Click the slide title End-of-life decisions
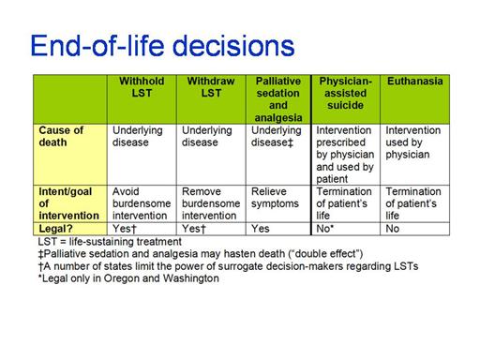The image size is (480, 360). pyautogui.click(x=162, y=46)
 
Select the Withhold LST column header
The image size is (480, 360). pyautogui.click(x=142, y=87)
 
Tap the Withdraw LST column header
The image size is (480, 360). pyautogui.click(x=211, y=87)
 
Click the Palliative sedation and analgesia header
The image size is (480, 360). pyautogui.click(x=278, y=99)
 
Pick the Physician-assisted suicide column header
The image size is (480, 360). pyautogui.click(x=345, y=93)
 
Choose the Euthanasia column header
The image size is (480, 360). pyautogui.click(x=415, y=82)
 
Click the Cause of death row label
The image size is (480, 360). pyautogui.click(x=61, y=136)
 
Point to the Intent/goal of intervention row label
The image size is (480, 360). pyautogui.click(x=68, y=203)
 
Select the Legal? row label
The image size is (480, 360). pyautogui.click(x=55, y=229)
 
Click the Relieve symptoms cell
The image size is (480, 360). pyautogui.click(x=275, y=198)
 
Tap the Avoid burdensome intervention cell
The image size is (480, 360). pyautogui.click(x=142, y=203)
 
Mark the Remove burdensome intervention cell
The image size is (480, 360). pyautogui.click(x=211, y=203)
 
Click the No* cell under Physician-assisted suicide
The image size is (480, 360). pyautogui.click(x=325, y=229)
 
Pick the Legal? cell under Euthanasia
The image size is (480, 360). pyautogui.click(x=393, y=229)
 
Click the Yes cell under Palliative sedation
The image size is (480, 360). pyautogui.click(x=261, y=229)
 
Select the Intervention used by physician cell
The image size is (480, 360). pyautogui.click(x=413, y=142)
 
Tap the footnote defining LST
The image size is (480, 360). pyautogui.click(x=110, y=242)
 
